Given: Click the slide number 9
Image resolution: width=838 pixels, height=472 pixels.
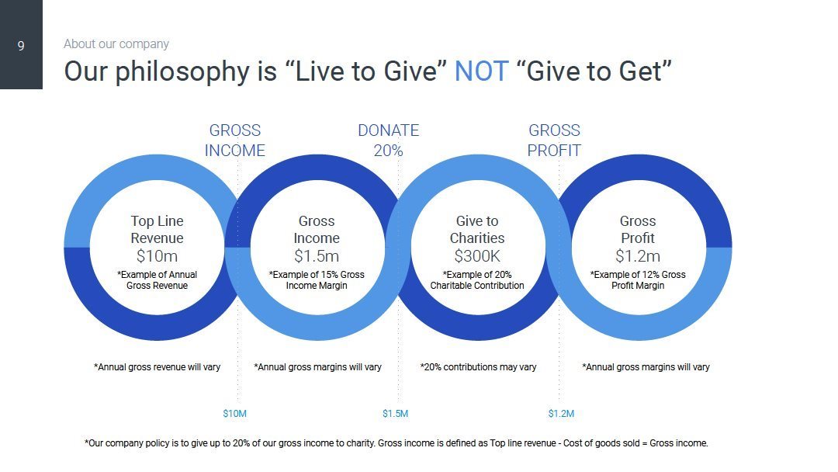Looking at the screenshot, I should [x=21, y=46].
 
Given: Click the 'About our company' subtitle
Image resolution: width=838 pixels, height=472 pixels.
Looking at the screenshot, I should [x=116, y=44].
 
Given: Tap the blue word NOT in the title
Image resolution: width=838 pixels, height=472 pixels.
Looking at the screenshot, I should [x=481, y=71].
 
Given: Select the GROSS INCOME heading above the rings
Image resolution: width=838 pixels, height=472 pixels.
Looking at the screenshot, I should [x=235, y=141].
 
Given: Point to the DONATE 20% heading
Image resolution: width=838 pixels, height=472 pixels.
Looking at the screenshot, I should [x=388, y=141].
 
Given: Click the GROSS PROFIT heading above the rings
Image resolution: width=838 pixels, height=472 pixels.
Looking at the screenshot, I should [x=554, y=141].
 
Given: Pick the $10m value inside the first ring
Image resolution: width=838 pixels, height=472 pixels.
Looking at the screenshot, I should [x=157, y=256].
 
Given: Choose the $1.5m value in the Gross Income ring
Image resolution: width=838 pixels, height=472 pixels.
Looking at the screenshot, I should [x=317, y=256].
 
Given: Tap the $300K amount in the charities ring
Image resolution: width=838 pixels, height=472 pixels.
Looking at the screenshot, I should [x=477, y=256].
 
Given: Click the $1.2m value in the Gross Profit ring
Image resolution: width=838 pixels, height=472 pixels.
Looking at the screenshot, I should [x=638, y=256].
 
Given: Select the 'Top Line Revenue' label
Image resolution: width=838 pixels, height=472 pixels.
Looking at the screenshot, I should [x=157, y=230].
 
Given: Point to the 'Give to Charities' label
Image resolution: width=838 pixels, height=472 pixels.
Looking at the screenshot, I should [x=477, y=230].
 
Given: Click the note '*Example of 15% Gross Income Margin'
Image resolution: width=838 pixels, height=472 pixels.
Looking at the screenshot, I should [x=317, y=280].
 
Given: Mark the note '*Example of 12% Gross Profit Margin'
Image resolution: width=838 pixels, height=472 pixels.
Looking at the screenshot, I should [x=638, y=280].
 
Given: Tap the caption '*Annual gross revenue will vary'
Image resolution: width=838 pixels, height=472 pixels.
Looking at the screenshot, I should [x=157, y=367].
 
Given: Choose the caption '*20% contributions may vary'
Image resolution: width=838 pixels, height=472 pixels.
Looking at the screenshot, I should [x=478, y=367].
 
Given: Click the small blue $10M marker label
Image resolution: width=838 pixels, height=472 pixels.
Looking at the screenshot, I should [x=235, y=414].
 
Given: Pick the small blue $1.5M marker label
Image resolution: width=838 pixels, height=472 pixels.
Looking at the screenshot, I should [x=395, y=414].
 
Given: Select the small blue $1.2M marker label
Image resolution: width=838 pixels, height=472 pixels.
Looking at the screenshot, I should [x=561, y=414].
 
